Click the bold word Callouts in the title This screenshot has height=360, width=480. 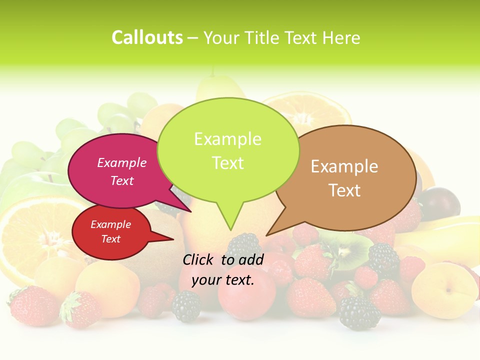click(x=147, y=37)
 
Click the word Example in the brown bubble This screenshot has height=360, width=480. click(x=344, y=166)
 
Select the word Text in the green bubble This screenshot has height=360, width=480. click(x=228, y=163)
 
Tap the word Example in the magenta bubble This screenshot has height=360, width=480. click(x=122, y=162)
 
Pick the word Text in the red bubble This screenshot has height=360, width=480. click(x=111, y=239)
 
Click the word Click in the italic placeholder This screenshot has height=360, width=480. click(x=198, y=259)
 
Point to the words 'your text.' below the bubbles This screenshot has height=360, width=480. click(x=223, y=279)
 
